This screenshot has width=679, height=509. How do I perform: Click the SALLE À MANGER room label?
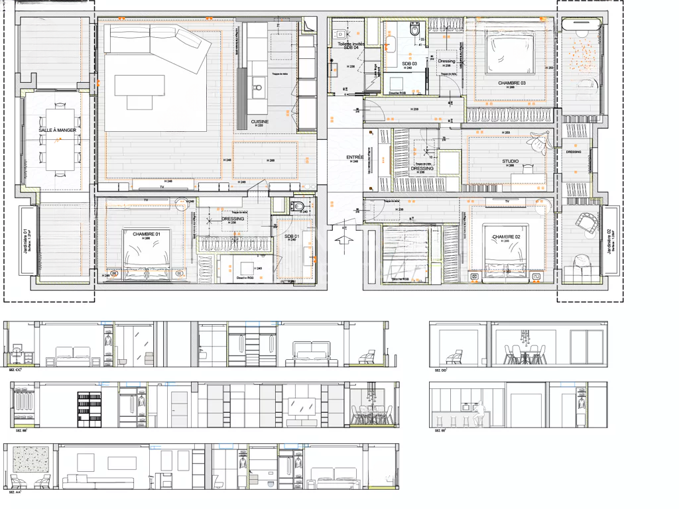[x=57, y=131]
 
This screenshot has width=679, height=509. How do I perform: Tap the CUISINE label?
[x=260, y=122]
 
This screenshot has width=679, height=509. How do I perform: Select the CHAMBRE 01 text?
[x=146, y=235]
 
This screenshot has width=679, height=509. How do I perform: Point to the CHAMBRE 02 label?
[x=505, y=237]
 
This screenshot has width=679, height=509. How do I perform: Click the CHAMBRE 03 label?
[x=511, y=83]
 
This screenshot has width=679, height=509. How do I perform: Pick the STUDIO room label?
[x=510, y=161]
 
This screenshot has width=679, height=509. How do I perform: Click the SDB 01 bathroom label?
[x=292, y=236]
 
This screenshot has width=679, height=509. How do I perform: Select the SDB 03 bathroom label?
[x=410, y=64]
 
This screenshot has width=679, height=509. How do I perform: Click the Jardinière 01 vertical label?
[x=27, y=241]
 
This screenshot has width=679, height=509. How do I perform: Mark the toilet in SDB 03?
[x=415, y=30]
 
